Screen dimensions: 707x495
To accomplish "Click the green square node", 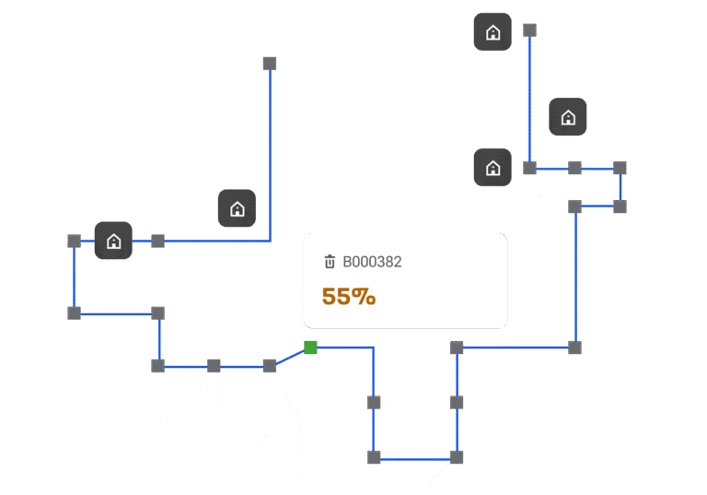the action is pos(310,348).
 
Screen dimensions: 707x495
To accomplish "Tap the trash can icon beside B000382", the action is pos(330,262).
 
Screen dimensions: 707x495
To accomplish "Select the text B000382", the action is pos(372,262).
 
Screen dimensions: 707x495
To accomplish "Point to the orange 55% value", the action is pos(349,297).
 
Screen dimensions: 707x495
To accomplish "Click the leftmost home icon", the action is pos(113,241).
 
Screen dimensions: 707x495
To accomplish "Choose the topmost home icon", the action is pos(493,31).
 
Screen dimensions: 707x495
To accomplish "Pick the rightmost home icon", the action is pos(568,116).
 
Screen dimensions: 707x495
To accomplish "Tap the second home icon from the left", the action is pos(237,208).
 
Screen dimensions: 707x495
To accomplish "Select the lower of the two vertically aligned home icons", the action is pos(493,167).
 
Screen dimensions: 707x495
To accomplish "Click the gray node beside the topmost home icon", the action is pos(530,30).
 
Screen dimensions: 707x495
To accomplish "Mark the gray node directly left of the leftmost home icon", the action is pos(74,241).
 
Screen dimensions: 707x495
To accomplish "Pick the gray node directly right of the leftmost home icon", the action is pos(157,241).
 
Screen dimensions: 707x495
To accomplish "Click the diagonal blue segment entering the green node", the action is pos(290,357).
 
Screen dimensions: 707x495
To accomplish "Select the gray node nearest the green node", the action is pos(270,366).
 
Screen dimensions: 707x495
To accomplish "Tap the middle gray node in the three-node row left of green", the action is pos(214,366).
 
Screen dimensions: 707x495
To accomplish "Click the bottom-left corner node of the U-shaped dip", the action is pos(374,457).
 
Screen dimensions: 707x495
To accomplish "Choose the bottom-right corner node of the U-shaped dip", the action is pos(457,457).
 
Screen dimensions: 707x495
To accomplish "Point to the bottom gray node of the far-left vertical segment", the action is pos(74,312).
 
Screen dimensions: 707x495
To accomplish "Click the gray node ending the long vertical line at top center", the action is pos(270,64).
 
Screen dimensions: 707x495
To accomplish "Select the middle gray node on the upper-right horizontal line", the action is pos(574,168).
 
